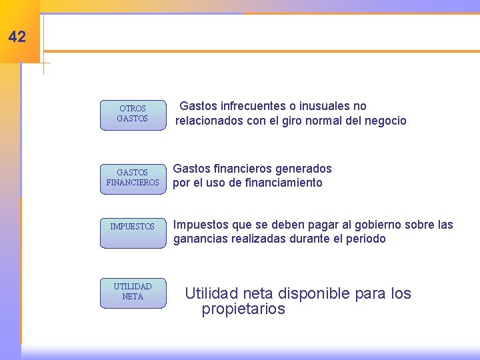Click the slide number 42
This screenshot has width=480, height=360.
tap(17, 37)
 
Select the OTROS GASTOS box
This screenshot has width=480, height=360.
tap(133, 114)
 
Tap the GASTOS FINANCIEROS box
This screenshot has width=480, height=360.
tap(133, 178)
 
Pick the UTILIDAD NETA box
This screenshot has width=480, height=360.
tap(133, 292)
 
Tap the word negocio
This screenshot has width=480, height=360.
tap(383, 121)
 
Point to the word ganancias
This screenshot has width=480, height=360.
tap(201, 239)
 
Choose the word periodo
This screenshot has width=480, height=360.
tap(365, 239)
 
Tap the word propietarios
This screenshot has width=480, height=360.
tap(243, 309)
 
